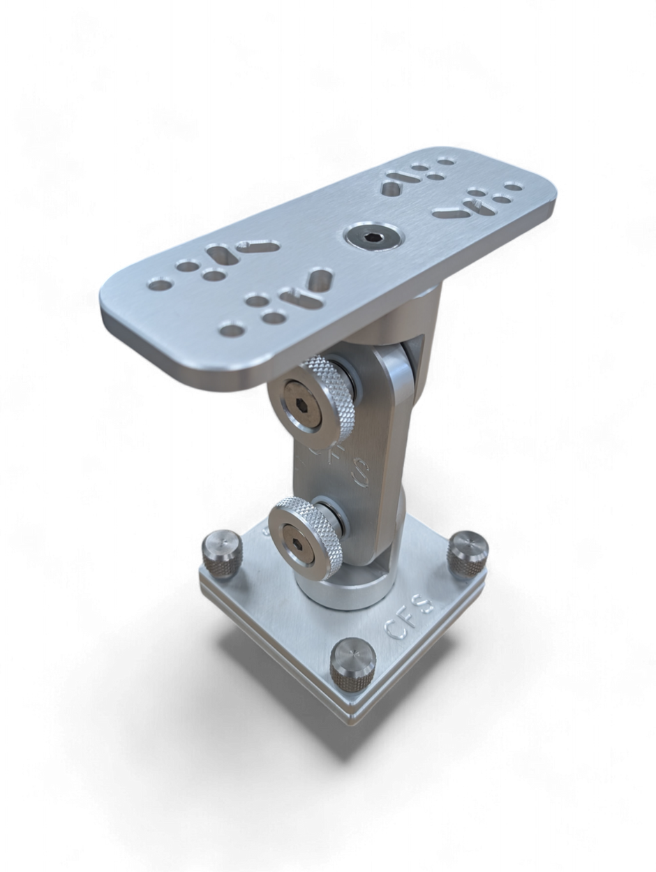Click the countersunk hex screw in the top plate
pyautogui.click(x=371, y=237)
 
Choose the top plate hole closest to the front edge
pyautogui.click(x=227, y=327)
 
